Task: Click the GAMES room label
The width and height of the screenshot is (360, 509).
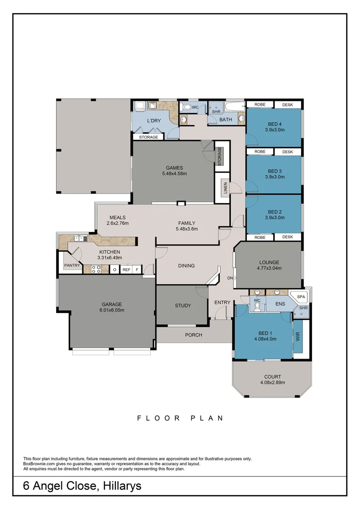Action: point(174,168)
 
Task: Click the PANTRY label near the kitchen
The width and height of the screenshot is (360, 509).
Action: point(72,266)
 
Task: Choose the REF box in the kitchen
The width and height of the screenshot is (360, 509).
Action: point(126,270)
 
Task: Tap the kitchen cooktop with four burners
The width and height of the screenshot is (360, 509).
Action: point(96,270)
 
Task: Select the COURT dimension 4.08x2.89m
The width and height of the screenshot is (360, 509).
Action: point(272,383)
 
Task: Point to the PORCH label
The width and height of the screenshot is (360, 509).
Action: point(194,335)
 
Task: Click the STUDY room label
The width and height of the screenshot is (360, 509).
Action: point(183,305)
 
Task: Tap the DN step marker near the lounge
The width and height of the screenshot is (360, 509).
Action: point(230,278)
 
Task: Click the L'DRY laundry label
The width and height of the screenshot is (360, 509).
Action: point(154,121)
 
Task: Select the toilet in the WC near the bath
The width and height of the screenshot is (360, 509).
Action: point(187,108)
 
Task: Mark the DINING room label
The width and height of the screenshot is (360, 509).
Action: point(186,266)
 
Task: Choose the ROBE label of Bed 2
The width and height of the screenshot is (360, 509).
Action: point(260,237)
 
